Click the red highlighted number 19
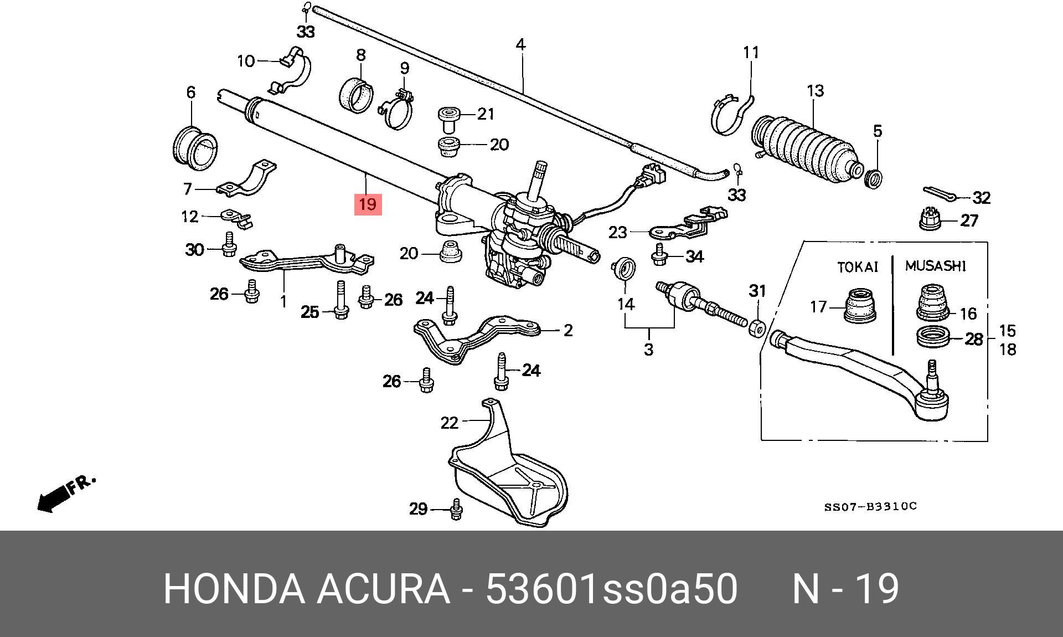[368, 204]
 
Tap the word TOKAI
[858, 267]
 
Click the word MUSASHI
[935, 266]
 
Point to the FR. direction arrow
[64, 493]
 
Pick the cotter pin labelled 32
[940, 193]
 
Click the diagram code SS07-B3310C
[870, 506]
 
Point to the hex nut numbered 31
[757, 327]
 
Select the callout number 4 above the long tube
[520, 44]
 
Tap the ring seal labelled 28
[933, 337]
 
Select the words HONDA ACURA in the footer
[306, 589]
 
